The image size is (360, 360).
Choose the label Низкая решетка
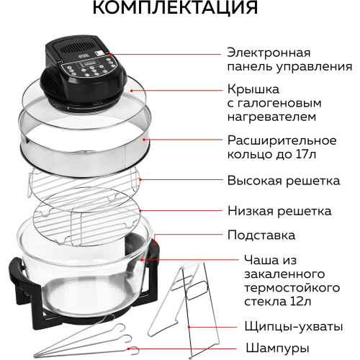click(x=279, y=211)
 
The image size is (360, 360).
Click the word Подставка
click(x=260, y=235)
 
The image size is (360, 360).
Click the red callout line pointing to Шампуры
click(x=209, y=347)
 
